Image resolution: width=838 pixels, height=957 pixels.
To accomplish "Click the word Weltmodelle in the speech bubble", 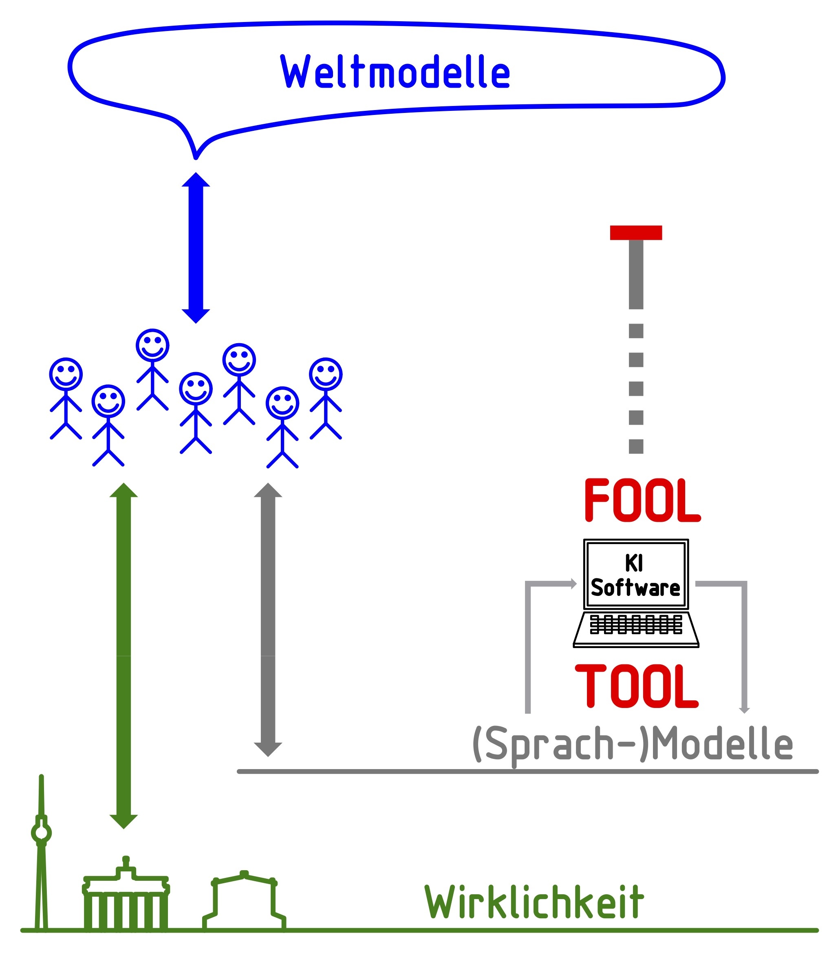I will [395, 71].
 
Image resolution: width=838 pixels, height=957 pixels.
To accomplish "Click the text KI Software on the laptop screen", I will [635, 575].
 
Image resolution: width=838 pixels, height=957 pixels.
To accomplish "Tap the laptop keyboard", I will [635, 624].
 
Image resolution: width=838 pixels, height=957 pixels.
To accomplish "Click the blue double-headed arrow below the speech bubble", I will [196, 248].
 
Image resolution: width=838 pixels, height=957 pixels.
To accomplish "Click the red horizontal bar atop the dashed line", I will [635, 232].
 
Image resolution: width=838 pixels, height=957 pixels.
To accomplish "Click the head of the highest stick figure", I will [152, 345].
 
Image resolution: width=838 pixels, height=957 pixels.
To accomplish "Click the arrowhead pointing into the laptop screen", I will [574, 584].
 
